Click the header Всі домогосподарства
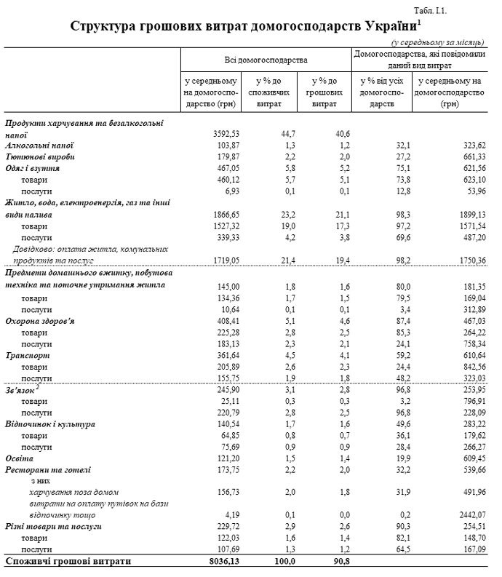266,57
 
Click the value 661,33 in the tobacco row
469,156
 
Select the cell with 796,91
469,402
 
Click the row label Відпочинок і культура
50,423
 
